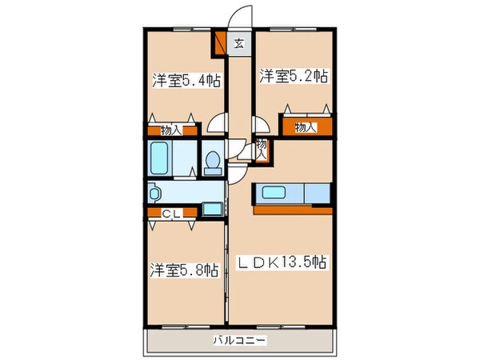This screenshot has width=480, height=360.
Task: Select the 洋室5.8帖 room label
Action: click(183, 270)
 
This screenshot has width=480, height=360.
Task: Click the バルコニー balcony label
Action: click(240, 339)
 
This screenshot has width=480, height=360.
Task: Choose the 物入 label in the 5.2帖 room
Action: click(305, 126)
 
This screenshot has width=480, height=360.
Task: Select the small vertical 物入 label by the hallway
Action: click(262, 150)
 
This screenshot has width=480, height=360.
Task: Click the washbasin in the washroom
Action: click(155, 193)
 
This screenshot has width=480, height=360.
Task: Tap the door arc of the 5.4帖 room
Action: click(217, 123)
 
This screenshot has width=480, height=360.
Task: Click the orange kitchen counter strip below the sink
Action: click(291, 210)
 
